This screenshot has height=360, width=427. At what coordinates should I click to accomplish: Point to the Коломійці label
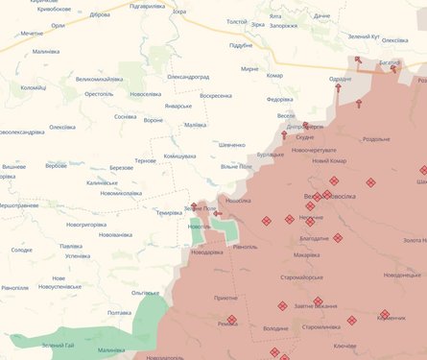34,87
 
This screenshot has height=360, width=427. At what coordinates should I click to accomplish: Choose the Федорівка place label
280,99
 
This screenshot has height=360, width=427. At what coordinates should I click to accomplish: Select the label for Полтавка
120,312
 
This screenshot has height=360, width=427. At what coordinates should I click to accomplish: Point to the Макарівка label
307,255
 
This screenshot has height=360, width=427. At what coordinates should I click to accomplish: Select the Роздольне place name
375,139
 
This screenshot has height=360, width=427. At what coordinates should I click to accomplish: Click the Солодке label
21,250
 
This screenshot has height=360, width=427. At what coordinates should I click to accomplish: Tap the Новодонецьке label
402,275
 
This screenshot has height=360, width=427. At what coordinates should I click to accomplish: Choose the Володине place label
275,328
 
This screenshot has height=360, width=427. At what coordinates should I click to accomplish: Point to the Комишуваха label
179,156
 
